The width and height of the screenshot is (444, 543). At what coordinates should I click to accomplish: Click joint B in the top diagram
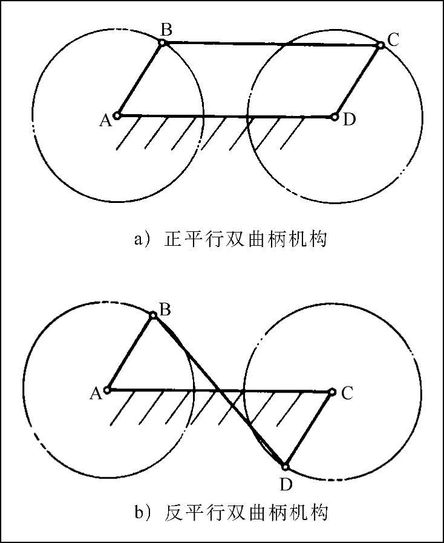162,42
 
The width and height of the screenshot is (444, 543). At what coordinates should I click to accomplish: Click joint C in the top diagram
380,45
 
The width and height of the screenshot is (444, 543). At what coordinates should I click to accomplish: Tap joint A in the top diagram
118,115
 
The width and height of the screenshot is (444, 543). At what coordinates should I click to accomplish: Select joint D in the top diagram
335,117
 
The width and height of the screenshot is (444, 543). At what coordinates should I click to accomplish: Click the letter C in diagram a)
393,40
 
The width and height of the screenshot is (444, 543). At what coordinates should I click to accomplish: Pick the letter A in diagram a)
105,121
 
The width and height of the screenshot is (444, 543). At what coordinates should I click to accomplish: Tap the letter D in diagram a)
348,120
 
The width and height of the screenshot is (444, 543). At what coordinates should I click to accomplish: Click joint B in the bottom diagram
154,315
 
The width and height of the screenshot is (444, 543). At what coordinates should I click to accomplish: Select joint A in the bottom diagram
107,390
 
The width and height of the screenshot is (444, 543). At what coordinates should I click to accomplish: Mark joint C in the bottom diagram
331,392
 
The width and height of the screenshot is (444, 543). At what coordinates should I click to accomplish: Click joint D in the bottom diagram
286,466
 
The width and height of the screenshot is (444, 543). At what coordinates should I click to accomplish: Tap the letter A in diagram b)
95,394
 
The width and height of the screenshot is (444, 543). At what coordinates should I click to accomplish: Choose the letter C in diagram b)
347,394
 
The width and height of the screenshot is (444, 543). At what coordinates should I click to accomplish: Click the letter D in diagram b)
286,484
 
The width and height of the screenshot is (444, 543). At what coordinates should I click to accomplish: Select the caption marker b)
142,514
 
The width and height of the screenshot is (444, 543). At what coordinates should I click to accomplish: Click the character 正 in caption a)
173,240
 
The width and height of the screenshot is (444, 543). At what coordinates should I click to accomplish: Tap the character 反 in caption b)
173,514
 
